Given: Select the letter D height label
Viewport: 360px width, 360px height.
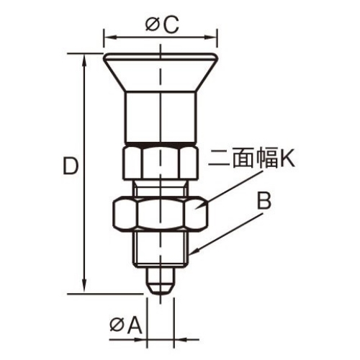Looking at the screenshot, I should (69, 167).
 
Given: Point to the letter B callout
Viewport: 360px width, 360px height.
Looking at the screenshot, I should (264, 201).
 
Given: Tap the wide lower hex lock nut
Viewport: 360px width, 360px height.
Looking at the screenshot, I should (160, 213).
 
